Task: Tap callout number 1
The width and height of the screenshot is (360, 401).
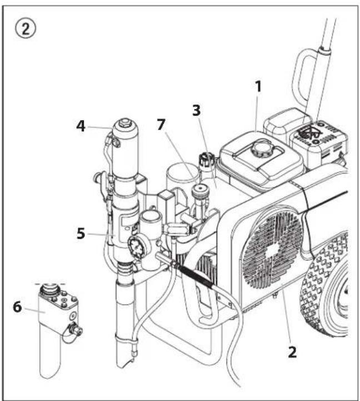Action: click(258, 87)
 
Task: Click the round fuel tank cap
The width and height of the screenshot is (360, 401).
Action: click(259, 149)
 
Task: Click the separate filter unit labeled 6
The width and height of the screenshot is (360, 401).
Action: click(58, 323)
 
